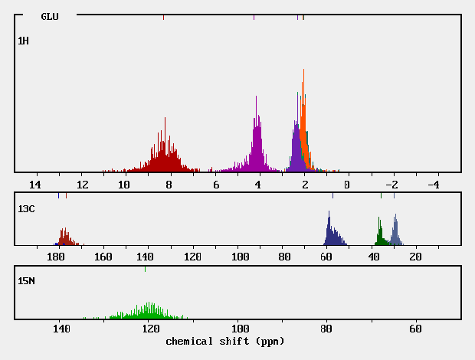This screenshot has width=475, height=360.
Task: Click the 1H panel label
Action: pos(24,41)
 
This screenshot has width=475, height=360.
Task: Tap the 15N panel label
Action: pos(26,280)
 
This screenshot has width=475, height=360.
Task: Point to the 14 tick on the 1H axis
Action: pos(34,185)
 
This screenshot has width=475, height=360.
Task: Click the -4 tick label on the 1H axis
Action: pos(432,185)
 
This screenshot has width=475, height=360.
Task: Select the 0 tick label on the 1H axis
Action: pos(347,185)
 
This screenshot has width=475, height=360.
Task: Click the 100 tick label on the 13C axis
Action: pos(240,257)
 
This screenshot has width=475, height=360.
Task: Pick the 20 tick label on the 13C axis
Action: pos(416,257)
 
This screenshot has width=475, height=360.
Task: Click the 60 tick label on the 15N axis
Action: pos(415,329)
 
